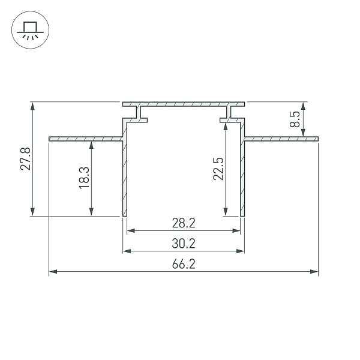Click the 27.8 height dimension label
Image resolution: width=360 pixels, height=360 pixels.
[25, 159]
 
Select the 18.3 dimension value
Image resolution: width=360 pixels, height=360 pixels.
[84, 178]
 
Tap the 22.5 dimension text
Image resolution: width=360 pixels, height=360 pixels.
[218, 169]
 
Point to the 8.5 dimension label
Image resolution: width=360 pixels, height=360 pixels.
[295, 119]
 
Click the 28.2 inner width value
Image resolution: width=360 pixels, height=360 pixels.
[184, 223]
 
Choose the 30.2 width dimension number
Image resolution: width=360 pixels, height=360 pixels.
[184, 244]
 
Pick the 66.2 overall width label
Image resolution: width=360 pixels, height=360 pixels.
[184, 264]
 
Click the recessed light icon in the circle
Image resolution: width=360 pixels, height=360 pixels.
[30, 31]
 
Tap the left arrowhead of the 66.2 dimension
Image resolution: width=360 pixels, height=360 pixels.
[53, 272]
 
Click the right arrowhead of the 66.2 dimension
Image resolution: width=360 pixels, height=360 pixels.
[314, 272]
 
